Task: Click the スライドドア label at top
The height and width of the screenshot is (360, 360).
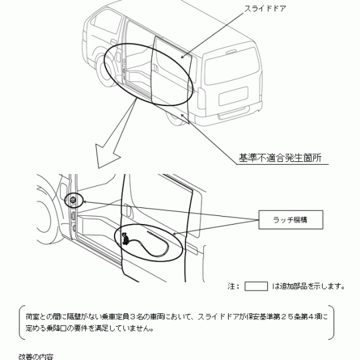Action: pos(265,9)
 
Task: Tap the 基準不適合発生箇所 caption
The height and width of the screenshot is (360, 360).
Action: pos(280,158)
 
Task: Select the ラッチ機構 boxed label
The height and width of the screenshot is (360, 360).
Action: pos(291,220)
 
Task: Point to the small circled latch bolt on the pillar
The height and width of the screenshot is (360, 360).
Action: pos(73,200)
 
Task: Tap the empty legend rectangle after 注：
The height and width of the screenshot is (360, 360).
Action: pos(256,286)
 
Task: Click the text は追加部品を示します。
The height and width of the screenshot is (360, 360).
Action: pos(308,286)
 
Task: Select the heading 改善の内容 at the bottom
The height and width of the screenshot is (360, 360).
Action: pos(36,357)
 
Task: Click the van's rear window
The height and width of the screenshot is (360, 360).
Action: pos(232,65)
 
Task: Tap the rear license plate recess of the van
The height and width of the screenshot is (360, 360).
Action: pos(234,96)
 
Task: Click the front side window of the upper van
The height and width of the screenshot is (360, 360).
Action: pos(107,22)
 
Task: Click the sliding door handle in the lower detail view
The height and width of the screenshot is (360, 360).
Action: pos(129,210)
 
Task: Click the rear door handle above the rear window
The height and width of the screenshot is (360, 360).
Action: pos(231,52)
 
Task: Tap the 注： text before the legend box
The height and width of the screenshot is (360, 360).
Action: pos(234,286)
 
